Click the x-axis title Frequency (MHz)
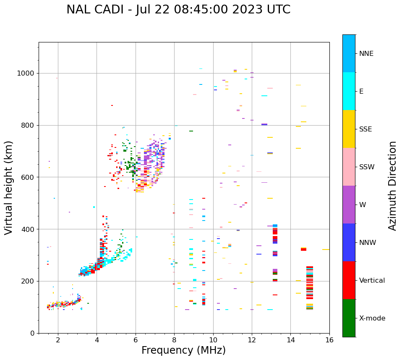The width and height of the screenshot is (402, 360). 183,350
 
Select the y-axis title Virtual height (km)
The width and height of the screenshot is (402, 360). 9,187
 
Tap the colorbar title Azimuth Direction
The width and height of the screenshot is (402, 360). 392,186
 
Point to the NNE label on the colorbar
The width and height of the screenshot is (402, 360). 366,54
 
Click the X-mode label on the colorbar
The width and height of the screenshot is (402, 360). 372,318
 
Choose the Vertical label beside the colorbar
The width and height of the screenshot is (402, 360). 372,281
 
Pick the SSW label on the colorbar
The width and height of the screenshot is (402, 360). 367,167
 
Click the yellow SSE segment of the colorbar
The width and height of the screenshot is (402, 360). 349,129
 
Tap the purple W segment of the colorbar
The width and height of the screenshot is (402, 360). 349,205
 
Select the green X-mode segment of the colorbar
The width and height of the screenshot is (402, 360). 349,318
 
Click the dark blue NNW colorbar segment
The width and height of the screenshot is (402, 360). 349,242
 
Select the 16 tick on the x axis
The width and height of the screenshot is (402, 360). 329,340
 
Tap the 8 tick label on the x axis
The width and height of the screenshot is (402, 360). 174,340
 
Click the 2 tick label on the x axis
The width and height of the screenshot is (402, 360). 58,340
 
